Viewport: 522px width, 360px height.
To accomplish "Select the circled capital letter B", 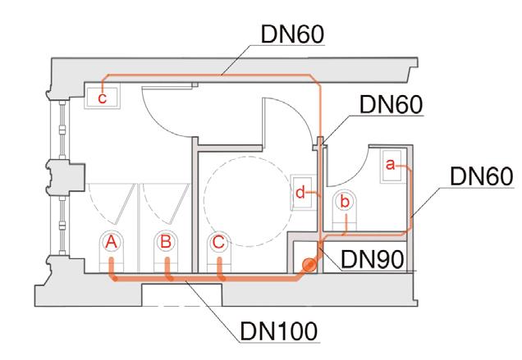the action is click(165, 243).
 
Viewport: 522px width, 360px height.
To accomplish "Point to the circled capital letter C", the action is click(217, 243).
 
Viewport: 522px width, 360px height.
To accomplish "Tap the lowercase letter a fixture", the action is click(391, 166).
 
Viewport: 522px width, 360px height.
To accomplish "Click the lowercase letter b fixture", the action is click(345, 201).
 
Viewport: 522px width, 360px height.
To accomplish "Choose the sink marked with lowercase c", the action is click(102, 97).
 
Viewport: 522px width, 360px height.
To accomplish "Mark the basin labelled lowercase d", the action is click(301, 193).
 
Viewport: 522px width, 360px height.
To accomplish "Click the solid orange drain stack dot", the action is click(308, 265).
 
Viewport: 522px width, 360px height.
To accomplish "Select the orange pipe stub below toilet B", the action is click(167, 270).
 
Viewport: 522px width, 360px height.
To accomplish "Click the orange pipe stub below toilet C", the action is click(221, 270).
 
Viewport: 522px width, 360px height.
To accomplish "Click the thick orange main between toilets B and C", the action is click(194, 280).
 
